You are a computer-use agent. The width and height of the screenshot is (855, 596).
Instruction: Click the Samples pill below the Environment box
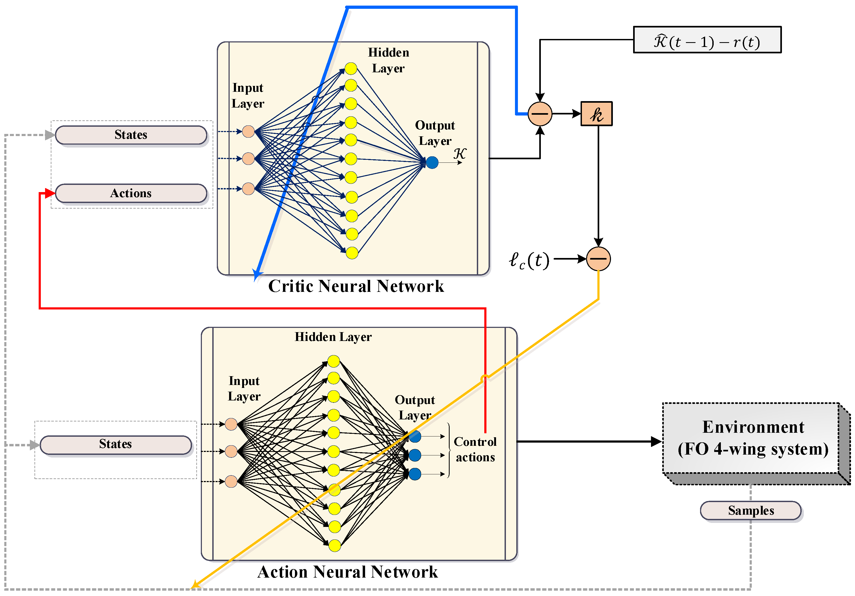[750, 510]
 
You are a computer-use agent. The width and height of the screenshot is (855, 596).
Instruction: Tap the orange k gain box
[597, 114]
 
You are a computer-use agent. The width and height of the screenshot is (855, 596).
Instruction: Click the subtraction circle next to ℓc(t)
[598, 259]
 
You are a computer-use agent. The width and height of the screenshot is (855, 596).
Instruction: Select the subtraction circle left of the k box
[540, 114]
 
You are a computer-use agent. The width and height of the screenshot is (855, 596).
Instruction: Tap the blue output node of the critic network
[432, 162]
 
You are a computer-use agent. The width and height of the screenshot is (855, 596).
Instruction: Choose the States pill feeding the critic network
[131, 135]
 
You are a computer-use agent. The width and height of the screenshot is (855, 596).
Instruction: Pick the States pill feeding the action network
[115, 444]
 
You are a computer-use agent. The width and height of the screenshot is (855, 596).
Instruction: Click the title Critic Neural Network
[356, 286]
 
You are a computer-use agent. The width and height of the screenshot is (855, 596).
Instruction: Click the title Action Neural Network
[347, 572]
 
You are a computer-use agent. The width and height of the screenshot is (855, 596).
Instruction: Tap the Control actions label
[475, 449]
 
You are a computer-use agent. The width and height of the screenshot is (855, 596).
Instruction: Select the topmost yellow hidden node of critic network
[351, 69]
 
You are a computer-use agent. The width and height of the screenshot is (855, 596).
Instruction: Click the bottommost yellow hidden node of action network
[334, 546]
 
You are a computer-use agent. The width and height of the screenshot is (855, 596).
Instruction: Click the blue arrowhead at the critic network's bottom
[257, 275]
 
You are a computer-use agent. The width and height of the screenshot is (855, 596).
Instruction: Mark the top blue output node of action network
[415, 436]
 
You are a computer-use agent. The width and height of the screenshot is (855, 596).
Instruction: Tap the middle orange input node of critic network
[248, 159]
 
